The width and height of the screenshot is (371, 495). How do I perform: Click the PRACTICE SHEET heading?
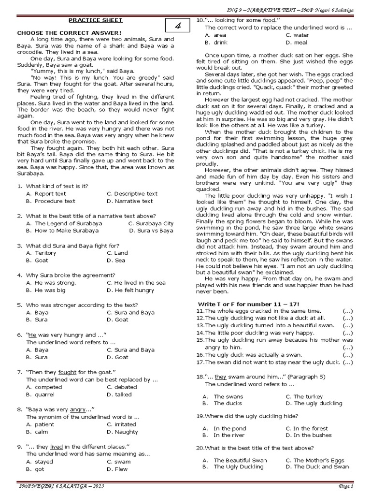click(95, 20)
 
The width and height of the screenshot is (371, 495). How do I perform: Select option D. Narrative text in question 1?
click(129, 201)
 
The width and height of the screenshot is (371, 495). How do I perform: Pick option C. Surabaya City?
click(151, 223)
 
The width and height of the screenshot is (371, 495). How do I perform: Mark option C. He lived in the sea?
click(136, 283)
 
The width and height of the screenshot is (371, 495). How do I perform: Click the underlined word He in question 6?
click(32, 335)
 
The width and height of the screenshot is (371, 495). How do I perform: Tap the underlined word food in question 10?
click(268, 20)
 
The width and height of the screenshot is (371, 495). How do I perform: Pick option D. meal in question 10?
click(297, 43)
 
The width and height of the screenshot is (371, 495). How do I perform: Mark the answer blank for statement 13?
click(347, 325)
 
